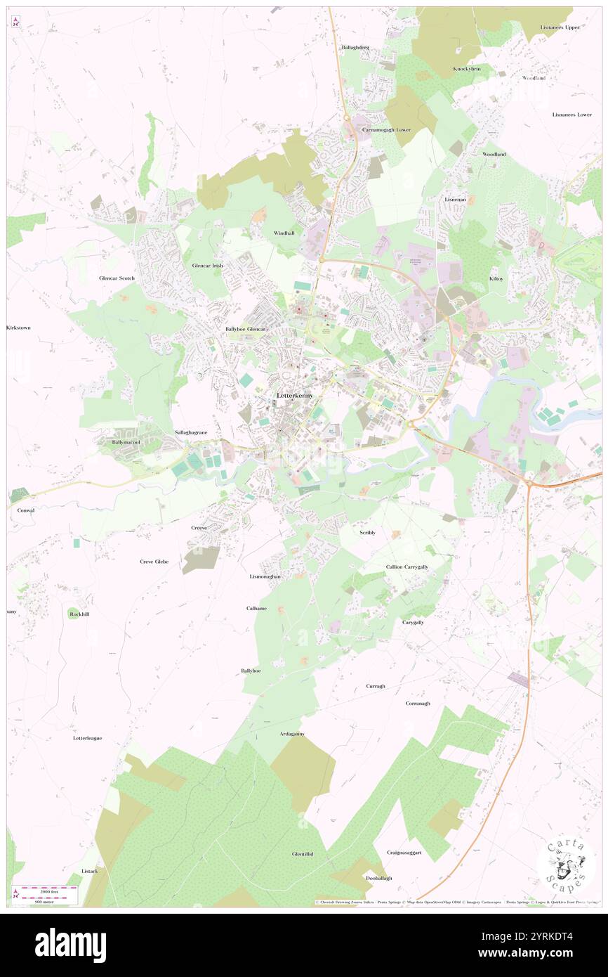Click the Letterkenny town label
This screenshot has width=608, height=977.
click(295, 396)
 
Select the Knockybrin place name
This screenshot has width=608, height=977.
click(467, 69)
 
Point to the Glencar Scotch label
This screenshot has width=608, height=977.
click(117, 278)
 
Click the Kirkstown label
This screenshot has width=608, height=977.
click(18, 328)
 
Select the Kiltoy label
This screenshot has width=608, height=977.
click(496, 279)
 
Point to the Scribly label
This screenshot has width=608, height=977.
click(367, 533)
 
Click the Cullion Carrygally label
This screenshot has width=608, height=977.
click(407, 567)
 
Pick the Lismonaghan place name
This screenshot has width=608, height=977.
click(265, 576)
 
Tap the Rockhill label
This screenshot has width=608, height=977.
click(80, 614)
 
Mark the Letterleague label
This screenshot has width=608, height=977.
click(88, 738)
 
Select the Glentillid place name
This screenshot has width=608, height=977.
click(303, 854)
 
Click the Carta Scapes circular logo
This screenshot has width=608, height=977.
click(566, 865)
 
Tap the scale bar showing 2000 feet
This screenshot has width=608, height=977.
click(45, 890)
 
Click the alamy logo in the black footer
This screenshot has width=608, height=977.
click(70, 945)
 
